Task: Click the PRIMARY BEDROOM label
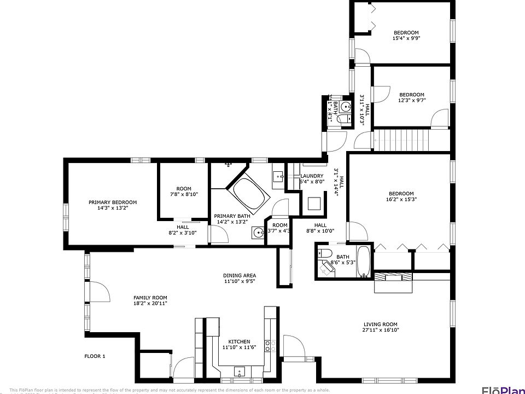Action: [113, 202]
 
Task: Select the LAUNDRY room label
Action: [312, 176]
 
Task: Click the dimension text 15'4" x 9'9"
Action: [406, 38]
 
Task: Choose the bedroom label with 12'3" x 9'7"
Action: [411, 94]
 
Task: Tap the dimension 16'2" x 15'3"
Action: [401, 199]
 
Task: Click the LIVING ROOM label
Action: [380, 324]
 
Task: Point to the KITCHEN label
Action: [239, 341]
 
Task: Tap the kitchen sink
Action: [240, 372]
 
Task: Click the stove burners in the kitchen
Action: [270, 346]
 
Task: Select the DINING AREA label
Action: [239, 275]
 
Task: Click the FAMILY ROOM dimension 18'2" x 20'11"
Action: [150, 303]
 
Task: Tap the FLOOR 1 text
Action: [95, 356]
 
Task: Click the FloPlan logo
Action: [503, 390]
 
